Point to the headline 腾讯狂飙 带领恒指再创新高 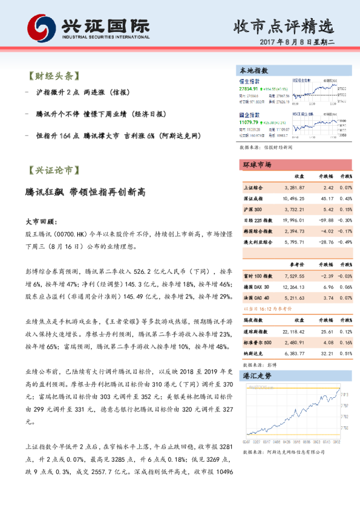[x=85, y=192]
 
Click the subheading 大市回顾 [x=42, y=222]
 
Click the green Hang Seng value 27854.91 [x=249, y=89]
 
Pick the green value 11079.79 [x=249, y=122]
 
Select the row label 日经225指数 [x=257, y=220]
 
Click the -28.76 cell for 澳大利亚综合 [x=326, y=241]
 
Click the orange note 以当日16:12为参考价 [x=265, y=308]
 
